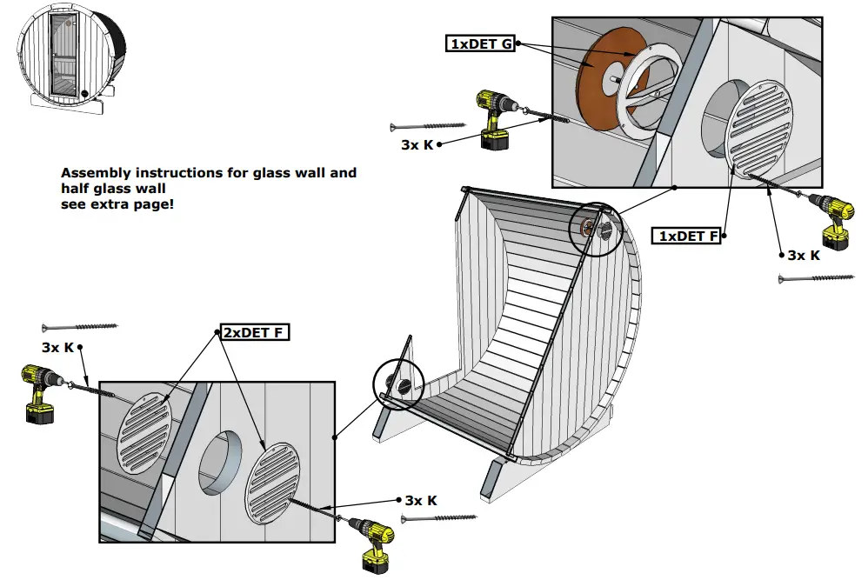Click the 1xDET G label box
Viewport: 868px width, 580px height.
481,43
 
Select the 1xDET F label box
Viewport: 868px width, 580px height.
686,236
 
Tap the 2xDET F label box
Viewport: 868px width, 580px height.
252,332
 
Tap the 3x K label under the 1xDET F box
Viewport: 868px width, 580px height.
803,255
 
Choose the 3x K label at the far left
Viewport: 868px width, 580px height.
57,347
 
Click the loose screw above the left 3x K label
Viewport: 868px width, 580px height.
79,327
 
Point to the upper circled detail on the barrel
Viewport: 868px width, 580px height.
596,229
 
